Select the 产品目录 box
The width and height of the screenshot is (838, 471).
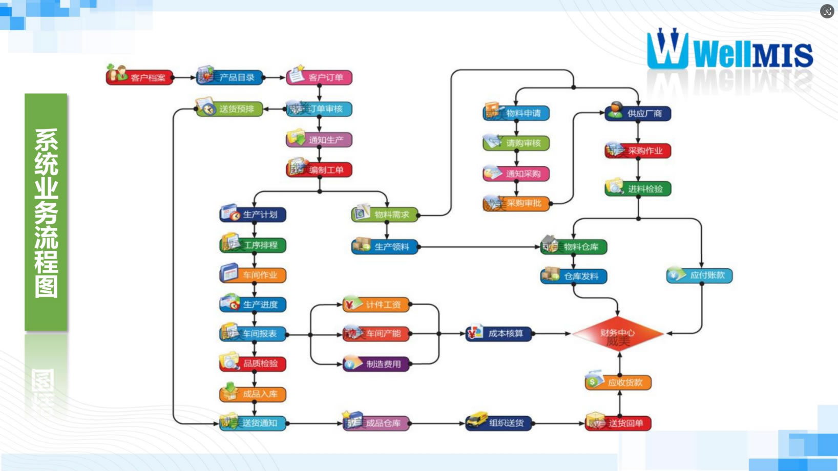[x=231, y=77]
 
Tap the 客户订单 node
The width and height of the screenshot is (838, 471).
[x=320, y=77]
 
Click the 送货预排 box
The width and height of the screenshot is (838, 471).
[x=230, y=109]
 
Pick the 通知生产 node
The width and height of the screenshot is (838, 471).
[x=320, y=140]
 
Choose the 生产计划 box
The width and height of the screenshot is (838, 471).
[x=254, y=215]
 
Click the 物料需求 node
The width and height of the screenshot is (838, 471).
[x=385, y=215]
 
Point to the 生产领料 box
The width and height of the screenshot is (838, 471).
[x=385, y=247]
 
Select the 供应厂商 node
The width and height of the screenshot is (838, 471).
[x=638, y=113]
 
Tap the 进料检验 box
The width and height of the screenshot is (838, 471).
[x=638, y=189]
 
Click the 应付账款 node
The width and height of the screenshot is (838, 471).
[x=700, y=275]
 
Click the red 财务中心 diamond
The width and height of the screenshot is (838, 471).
[x=618, y=334]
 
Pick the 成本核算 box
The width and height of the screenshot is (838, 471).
[x=499, y=334]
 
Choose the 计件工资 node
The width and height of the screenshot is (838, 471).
[x=376, y=305]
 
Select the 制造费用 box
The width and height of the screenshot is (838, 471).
[x=376, y=364]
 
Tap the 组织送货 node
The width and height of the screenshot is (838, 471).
[x=499, y=423]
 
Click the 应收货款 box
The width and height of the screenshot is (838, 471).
[x=619, y=382]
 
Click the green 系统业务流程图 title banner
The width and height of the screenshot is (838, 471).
[x=46, y=212]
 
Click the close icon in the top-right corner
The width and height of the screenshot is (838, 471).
[x=827, y=11]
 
